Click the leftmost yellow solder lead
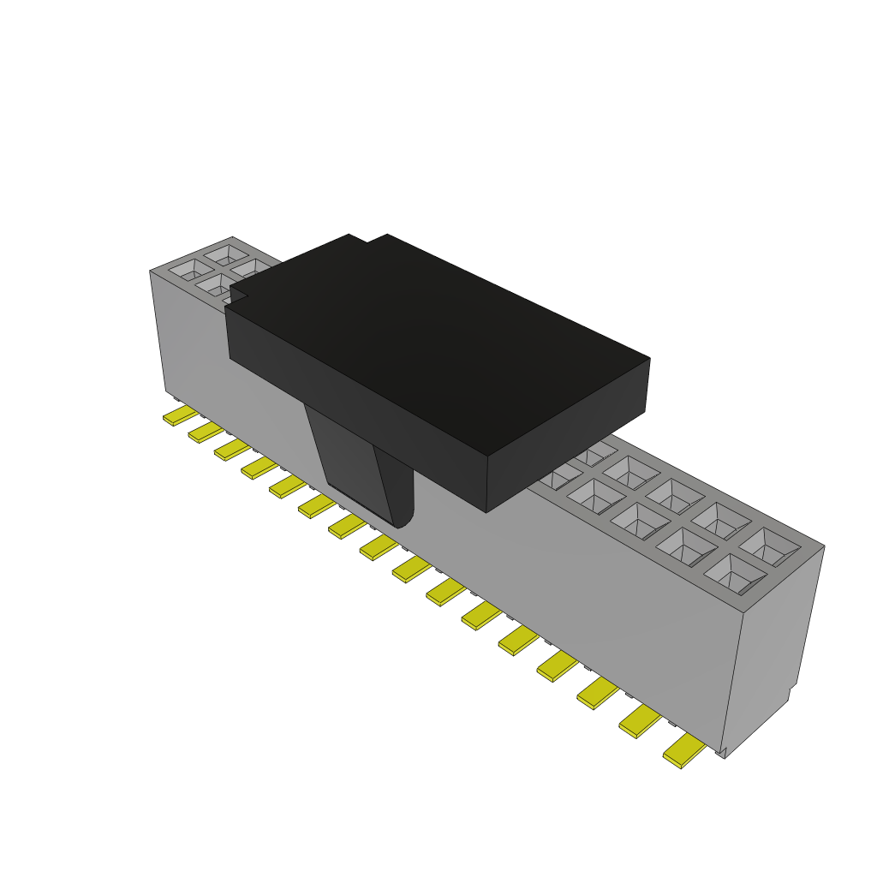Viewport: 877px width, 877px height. point(181,416)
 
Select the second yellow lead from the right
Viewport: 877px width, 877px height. point(640,723)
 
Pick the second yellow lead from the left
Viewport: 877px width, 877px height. point(206,432)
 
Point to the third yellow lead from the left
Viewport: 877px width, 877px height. point(231,449)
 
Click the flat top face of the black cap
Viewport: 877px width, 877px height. point(437,343)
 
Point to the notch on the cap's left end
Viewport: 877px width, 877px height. point(237,295)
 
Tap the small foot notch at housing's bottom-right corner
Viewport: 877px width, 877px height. point(722,752)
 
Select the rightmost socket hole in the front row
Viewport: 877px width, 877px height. point(735,574)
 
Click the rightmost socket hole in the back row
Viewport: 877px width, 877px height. point(769,546)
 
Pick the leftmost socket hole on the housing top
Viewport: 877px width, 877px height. point(185,270)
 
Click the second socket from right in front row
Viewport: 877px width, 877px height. point(686,546)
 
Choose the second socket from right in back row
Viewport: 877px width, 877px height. point(721,519)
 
